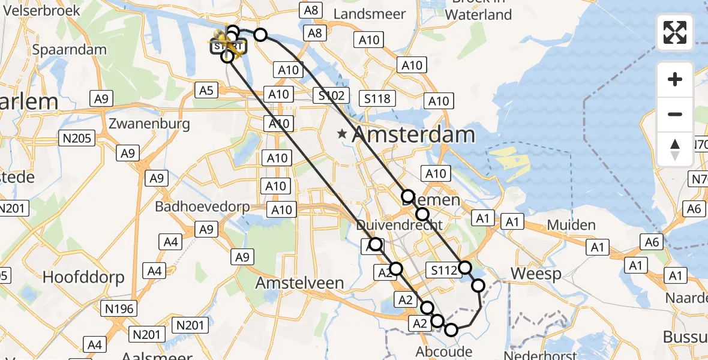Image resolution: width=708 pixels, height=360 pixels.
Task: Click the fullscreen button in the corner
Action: [675, 32]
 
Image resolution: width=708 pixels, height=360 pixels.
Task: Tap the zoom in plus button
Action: [675, 79]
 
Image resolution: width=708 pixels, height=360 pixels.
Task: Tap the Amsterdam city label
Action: [414, 134]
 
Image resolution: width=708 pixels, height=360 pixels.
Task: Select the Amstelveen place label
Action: [300, 283]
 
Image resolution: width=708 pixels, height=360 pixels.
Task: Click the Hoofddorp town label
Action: [83, 278]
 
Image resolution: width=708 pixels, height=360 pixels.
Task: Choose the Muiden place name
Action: [571, 226]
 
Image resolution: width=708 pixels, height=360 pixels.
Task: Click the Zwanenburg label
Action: [149, 124]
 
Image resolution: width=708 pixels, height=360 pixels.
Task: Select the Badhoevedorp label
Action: [203, 207]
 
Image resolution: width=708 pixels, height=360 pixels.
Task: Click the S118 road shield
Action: [377, 99]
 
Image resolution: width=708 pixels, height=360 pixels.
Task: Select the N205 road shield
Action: [77, 139]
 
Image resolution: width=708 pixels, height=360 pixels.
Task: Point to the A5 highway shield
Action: [206, 91]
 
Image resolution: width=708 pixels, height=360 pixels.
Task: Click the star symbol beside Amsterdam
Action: [342, 134]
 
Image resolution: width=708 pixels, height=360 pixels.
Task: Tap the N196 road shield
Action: [119, 309]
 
